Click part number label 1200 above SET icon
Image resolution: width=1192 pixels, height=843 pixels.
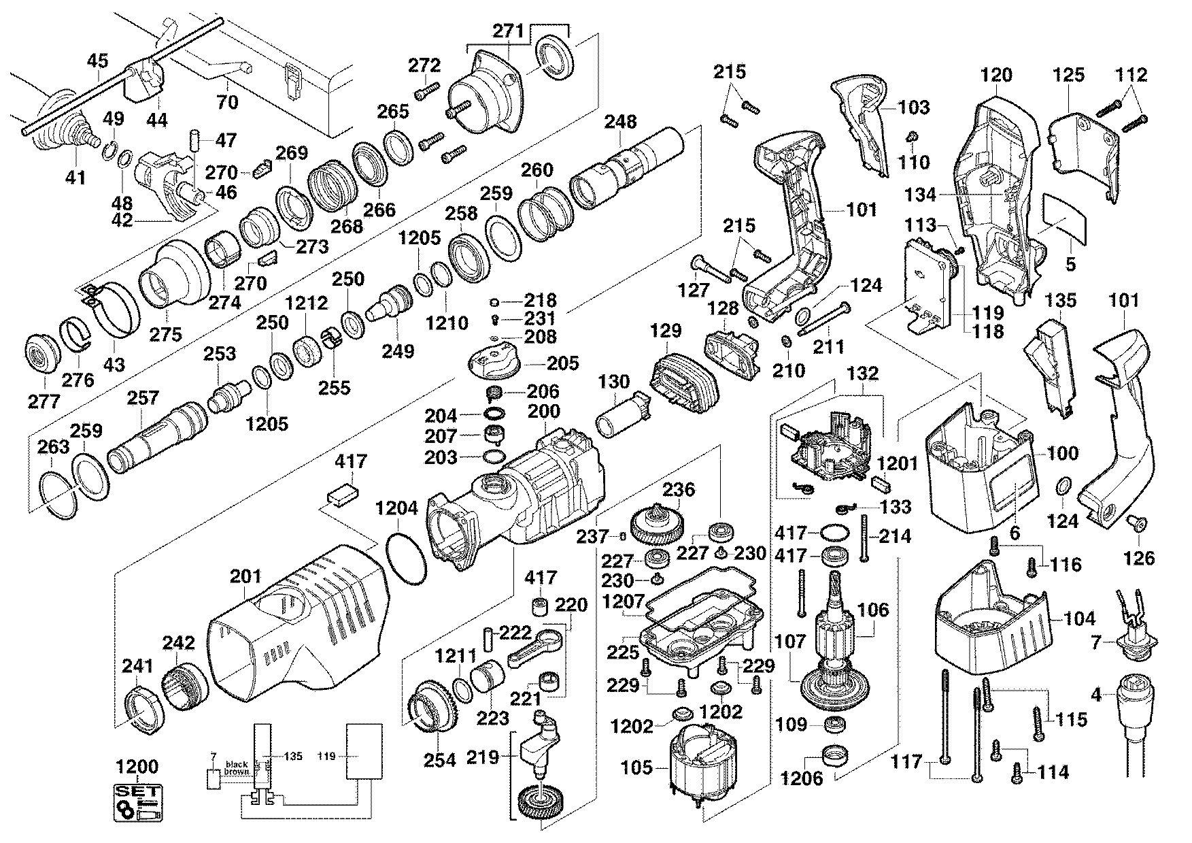[137, 767]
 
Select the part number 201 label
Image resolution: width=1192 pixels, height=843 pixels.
[245, 577]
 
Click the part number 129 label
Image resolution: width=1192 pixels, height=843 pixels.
[666, 331]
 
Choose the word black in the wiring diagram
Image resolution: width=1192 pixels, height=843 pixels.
[236, 765]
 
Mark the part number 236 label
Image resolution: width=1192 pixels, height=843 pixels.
[679, 489]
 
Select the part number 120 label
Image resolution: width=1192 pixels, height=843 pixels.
[995, 75]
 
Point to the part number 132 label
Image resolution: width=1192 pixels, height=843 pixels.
[863, 374]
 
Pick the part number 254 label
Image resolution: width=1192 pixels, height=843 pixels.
[439, 760]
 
